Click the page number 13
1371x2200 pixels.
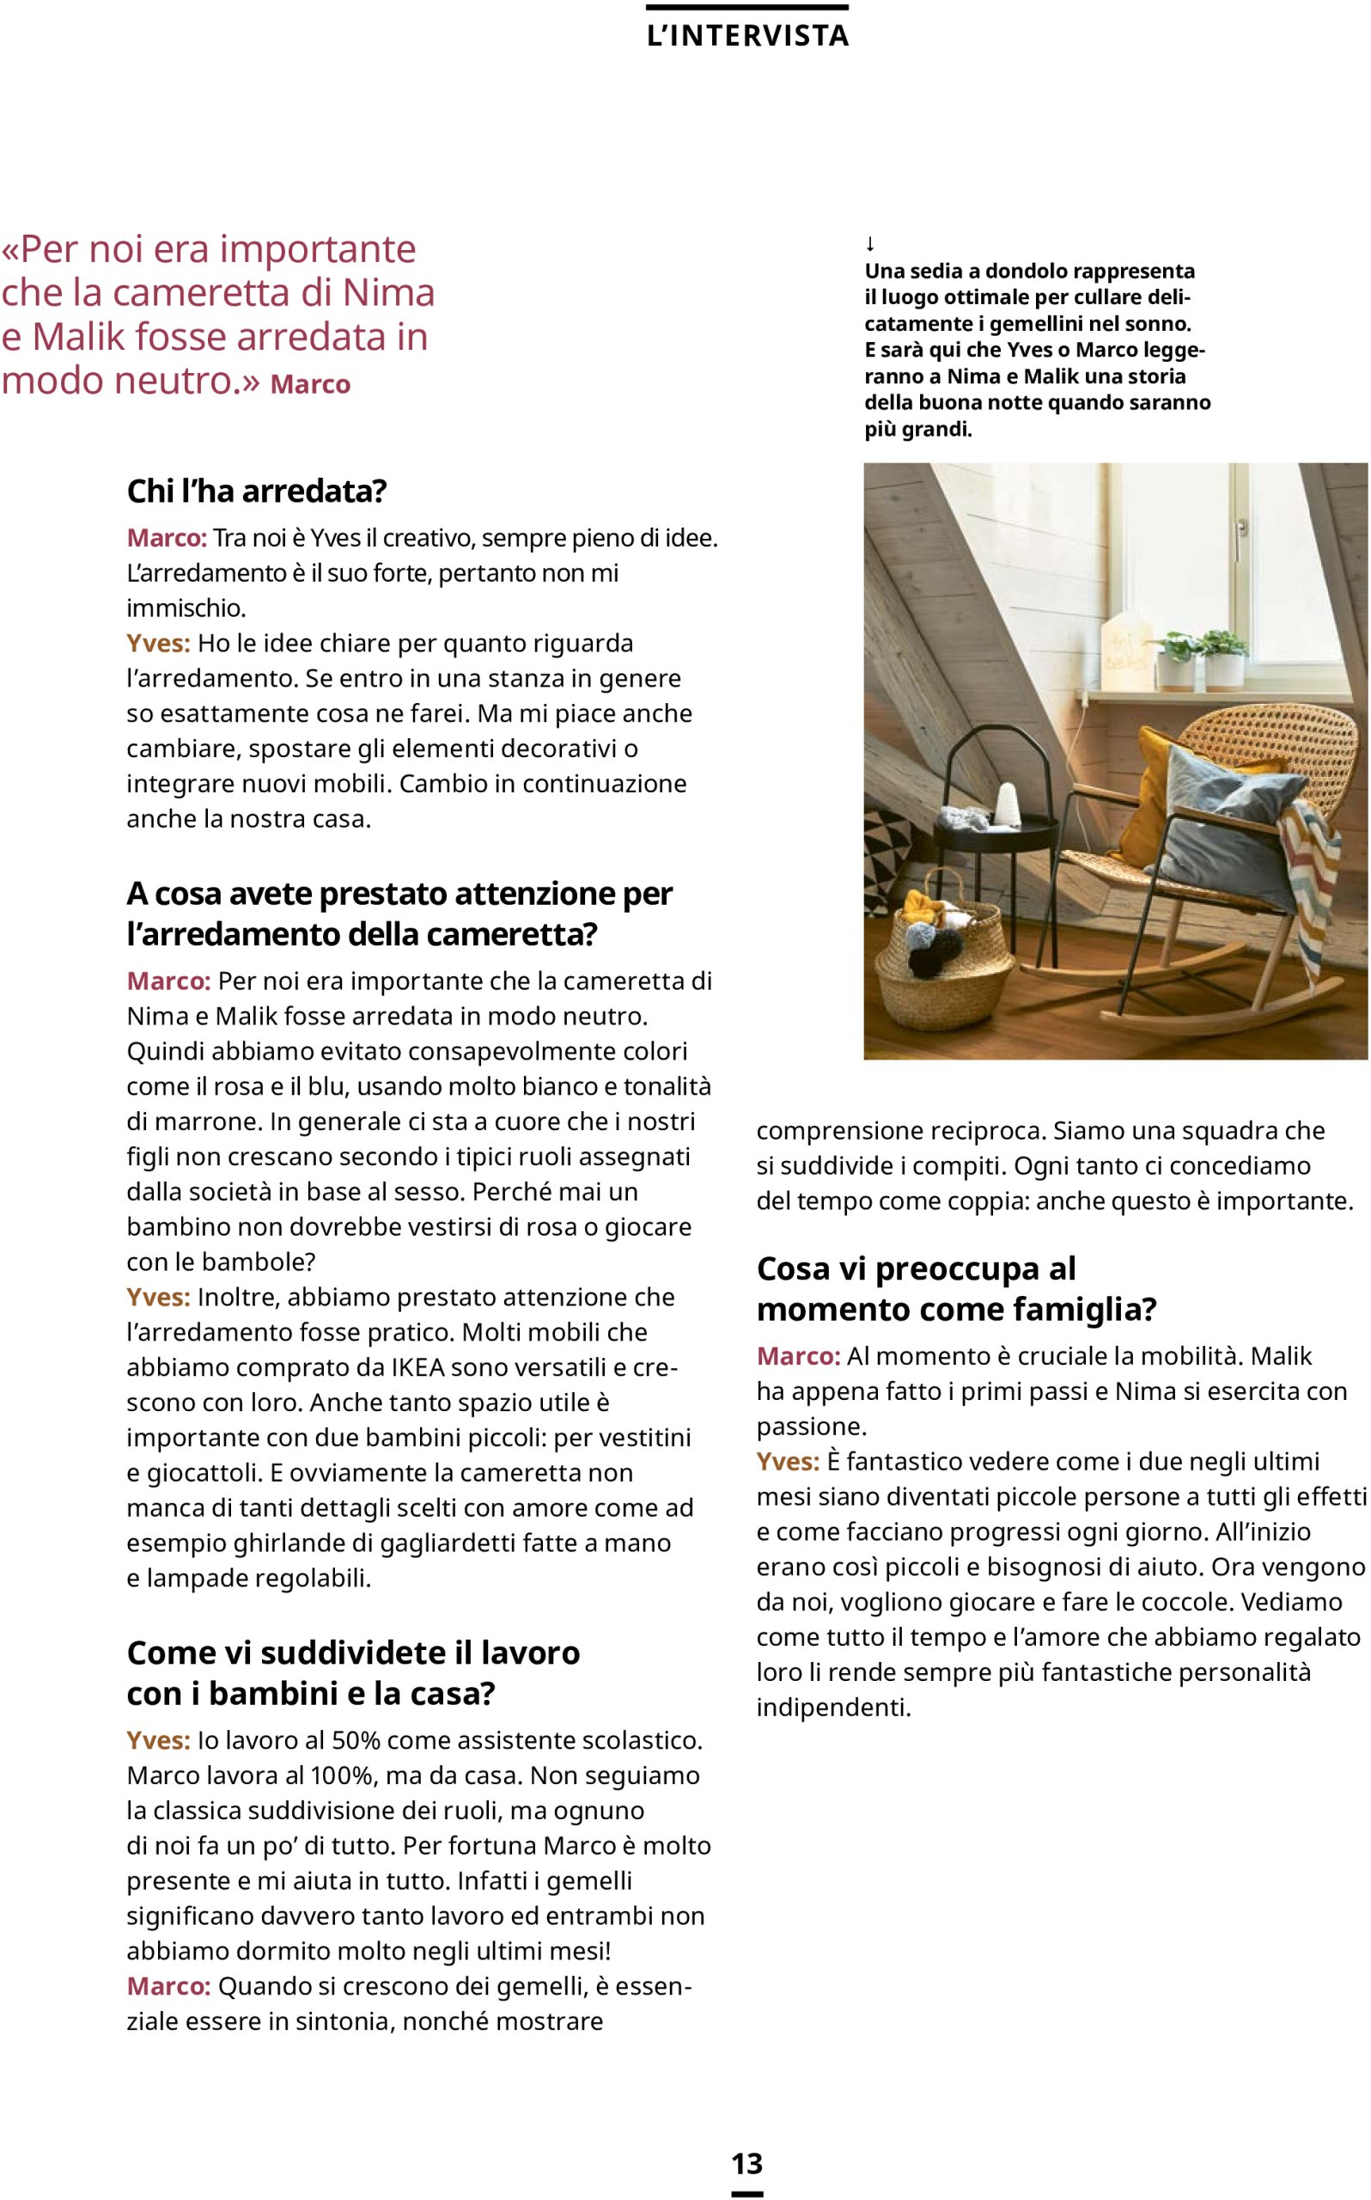click(x=747, y=2163)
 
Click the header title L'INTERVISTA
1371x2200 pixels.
click(x=747, y=35)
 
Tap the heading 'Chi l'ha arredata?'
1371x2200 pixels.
click(x=257, y=491)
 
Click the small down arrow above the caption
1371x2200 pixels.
click(x=869, y=244)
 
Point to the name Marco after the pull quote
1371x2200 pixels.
click(x=310, y=384)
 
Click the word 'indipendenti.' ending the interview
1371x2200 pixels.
click(x=833, y=1707)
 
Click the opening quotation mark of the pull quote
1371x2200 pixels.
click(x=10, y=249)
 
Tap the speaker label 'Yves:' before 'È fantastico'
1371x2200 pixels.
click(x=787, y=1461)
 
